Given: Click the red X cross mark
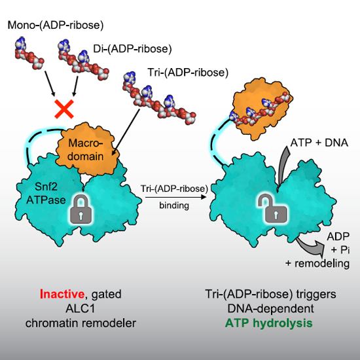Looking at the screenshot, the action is pos(64,109).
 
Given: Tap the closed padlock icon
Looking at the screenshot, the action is pos(81,209).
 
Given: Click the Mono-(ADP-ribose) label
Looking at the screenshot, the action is pos(56,26).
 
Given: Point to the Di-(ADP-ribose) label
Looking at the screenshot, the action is pos(132,49).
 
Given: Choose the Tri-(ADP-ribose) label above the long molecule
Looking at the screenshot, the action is pos(188,73).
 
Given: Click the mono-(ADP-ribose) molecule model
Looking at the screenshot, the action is pos(29,53).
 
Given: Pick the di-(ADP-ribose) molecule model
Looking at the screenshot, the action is pos(83,60).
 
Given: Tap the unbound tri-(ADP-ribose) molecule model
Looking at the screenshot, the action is pos(159,98).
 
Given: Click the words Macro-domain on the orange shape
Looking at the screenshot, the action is pos(85,150).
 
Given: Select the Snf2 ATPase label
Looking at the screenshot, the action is pos(46,193).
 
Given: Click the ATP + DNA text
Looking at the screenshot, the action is pos(319,143).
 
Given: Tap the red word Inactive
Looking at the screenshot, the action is pos(62,294).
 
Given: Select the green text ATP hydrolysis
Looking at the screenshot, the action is pos(268,323).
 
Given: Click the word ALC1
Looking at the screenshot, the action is pos(81,308).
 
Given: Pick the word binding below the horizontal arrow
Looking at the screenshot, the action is pos(174,206).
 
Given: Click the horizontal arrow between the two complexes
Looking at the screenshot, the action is pos(175,197).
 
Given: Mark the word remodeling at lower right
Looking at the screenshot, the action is pos(321,263).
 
